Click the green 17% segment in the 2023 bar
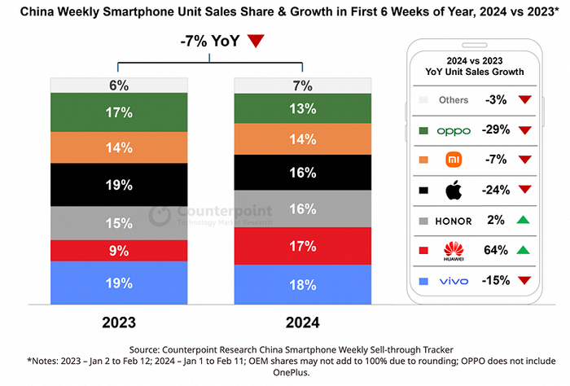click(x=119, y=112)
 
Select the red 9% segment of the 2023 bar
click(x=119, y=250)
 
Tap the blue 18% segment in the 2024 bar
click(x=303, y=285)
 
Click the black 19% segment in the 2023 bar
click(x=119, y=185)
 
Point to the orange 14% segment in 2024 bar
click(x=303, y=139)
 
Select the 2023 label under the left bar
click(x=119, y=322)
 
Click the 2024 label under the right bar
click(x=303, y=322)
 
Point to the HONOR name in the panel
click(x=454, y=221)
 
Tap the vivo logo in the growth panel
click(x=454, y=281)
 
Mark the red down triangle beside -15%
click(x=524, y=281)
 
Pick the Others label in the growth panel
click(x=454, y=100)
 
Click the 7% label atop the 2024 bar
click(x=303, y=85)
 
